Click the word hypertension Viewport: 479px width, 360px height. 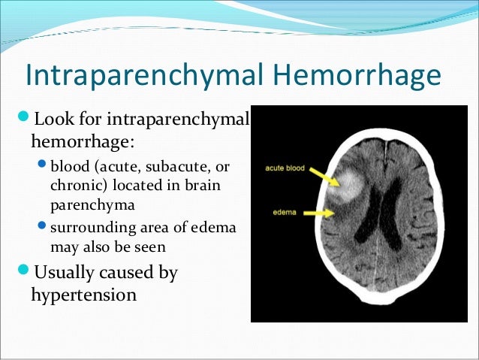tap(83, 294)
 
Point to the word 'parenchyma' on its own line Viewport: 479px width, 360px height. tap(87, 204)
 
